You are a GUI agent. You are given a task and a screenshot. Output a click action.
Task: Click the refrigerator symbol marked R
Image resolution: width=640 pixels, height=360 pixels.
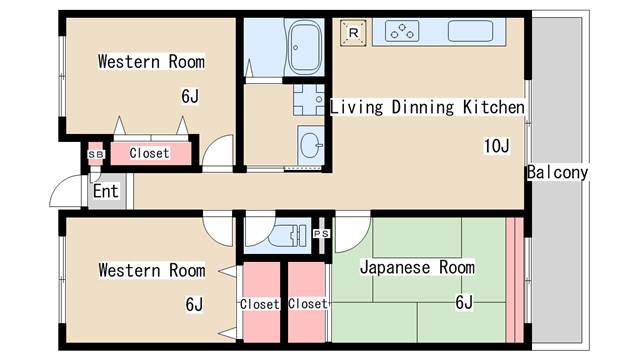353,33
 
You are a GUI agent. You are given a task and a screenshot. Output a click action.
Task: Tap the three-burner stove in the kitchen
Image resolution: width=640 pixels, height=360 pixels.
402,31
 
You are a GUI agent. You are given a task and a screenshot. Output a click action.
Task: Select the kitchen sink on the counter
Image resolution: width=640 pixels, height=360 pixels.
470,31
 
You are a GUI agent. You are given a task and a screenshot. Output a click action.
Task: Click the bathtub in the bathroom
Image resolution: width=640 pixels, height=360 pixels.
304,47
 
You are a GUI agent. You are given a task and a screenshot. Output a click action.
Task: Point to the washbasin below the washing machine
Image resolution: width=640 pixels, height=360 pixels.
311,145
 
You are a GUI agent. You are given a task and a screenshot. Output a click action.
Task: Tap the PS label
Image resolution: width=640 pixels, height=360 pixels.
321,234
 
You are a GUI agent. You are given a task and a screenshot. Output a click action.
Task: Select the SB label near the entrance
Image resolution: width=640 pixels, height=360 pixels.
96,155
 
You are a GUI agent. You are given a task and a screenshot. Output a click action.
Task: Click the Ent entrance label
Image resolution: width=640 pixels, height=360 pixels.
106,191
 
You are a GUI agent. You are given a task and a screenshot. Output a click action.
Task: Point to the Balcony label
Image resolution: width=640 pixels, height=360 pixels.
557,172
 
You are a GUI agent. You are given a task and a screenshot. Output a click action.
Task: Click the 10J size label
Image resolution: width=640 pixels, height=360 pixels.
496,146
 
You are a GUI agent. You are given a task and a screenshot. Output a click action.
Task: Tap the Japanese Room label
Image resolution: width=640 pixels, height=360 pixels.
417,267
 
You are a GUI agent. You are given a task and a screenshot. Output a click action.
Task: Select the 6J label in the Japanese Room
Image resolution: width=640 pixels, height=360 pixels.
464,302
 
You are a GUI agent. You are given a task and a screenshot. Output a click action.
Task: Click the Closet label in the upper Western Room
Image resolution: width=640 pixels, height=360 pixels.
149,153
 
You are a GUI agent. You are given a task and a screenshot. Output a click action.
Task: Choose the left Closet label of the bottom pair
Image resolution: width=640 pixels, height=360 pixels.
260,304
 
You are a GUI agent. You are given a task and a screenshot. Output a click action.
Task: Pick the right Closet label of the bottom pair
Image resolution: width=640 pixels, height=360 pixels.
308,304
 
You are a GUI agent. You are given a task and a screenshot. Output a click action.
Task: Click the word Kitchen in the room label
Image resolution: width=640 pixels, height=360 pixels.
494,107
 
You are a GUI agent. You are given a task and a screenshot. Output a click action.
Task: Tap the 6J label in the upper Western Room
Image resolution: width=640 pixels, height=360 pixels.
190,96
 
